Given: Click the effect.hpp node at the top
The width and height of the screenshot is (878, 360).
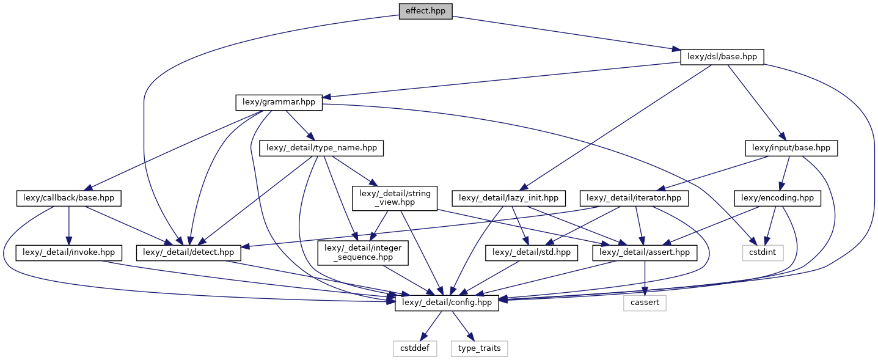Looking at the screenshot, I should coord(425,11).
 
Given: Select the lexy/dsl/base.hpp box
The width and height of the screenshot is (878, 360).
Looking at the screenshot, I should coord(722,57).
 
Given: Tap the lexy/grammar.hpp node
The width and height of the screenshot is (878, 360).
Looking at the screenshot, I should coord(279,102).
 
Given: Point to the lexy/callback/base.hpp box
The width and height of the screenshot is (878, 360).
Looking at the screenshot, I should coord(69,199).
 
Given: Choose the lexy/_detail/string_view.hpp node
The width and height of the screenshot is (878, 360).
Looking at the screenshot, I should coord(394,199).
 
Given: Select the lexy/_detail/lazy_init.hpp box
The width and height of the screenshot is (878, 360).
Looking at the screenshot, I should coord(509,199).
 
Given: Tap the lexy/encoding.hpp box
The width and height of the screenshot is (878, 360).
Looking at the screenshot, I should coord(776,199).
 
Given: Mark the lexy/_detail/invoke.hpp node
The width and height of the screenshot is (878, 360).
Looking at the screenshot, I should coord(69,251).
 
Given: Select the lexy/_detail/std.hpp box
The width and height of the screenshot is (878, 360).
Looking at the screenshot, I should coord(531,251).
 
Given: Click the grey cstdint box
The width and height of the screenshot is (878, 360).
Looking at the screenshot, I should coord(762,251).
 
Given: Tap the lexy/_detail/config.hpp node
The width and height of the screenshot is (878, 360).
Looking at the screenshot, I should coord(447,303).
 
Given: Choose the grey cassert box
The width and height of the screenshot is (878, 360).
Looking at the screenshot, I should coord(645,303).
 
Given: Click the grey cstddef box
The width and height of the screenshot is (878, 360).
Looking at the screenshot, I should coord(414,348).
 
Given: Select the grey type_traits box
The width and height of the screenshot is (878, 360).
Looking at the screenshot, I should coord(479,348).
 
